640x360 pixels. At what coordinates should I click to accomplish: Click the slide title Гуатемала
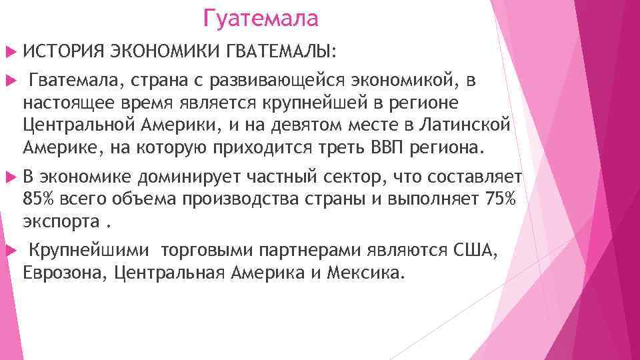tap(261, 18)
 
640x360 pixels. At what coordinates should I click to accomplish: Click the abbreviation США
tap(473, 251)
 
